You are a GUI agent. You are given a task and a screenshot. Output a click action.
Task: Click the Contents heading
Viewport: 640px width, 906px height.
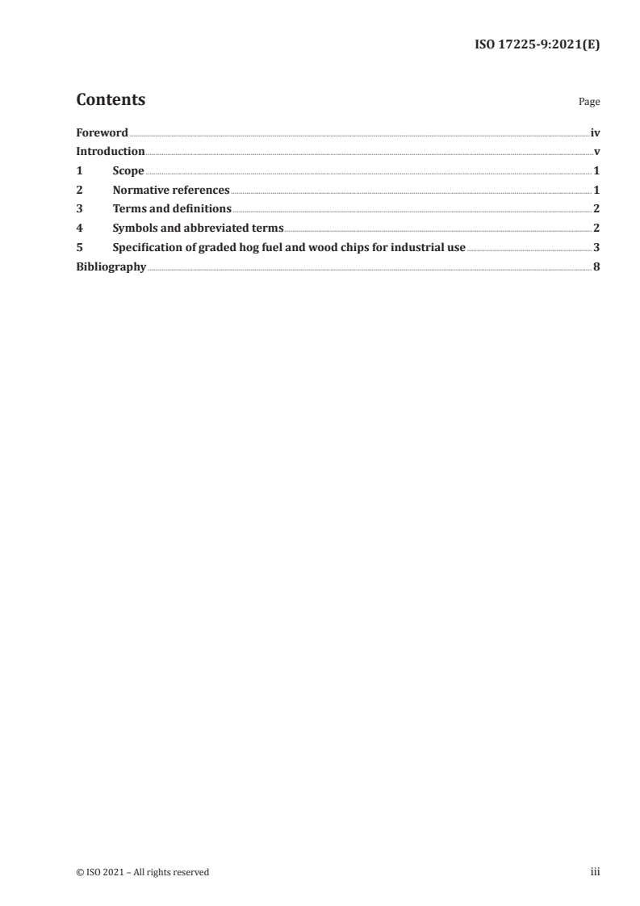(111, 100)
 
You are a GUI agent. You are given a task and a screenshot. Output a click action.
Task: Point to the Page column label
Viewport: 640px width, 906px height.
(589, 103)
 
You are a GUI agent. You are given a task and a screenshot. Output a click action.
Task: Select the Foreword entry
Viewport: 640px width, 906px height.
(102, 132)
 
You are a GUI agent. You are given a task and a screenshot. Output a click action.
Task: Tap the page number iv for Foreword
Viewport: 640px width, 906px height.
(595, 132)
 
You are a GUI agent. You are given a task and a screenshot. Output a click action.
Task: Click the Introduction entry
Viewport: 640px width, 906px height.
(111, 152)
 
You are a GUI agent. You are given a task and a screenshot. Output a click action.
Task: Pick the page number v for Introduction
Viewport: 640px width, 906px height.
(596, 152)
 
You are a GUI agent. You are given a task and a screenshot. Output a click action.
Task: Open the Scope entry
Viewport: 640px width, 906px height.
(128, 171)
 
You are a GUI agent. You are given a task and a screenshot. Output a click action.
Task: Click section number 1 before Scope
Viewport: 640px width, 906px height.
(79, 171)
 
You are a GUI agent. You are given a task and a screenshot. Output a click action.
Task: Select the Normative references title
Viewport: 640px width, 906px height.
(171, 191)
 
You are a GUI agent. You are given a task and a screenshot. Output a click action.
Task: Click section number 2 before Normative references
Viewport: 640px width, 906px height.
(79, 191)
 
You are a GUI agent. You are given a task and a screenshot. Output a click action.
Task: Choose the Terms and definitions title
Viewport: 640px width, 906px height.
(172, 209)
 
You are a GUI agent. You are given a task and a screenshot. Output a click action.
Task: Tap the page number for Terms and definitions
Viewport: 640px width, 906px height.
(596, 209)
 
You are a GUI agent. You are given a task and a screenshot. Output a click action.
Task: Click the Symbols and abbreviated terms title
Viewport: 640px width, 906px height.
(198, 229)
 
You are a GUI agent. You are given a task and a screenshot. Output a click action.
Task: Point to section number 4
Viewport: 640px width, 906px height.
(79, 229)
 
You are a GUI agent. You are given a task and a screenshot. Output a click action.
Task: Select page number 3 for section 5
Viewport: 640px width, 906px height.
(596, 248)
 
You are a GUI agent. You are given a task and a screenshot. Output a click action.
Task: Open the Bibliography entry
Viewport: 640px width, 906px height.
(111, 267)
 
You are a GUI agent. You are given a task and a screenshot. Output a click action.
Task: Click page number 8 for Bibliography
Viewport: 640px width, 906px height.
(596, 267)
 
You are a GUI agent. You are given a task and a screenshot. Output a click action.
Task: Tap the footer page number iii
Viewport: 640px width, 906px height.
(596, 872)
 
